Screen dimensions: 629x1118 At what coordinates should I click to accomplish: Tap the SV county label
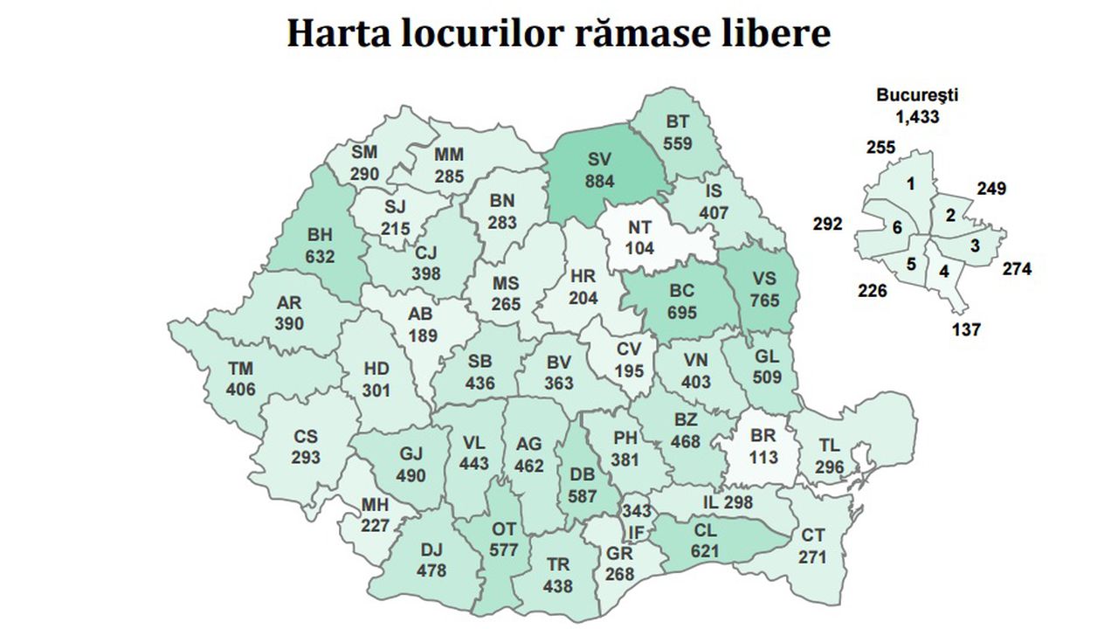click(600, 161)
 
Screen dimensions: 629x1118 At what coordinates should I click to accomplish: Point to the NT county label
click(641, 227)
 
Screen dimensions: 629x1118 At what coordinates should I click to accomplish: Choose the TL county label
click(830, 446)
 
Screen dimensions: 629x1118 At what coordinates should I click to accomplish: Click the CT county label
click(814, 536)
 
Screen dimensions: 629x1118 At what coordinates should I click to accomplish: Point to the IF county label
click(636, 532)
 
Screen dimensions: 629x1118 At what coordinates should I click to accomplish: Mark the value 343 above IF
click(636, 510)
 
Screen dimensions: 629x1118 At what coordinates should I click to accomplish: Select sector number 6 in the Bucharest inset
click(897, 227)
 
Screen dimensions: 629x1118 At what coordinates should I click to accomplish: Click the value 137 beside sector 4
click(968, 329)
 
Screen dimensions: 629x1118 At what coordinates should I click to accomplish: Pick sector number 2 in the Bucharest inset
click(948, 215)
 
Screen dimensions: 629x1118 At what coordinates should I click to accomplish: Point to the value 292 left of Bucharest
click(827, 224)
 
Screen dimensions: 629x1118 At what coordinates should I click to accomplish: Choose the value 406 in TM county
click(241, 389)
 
